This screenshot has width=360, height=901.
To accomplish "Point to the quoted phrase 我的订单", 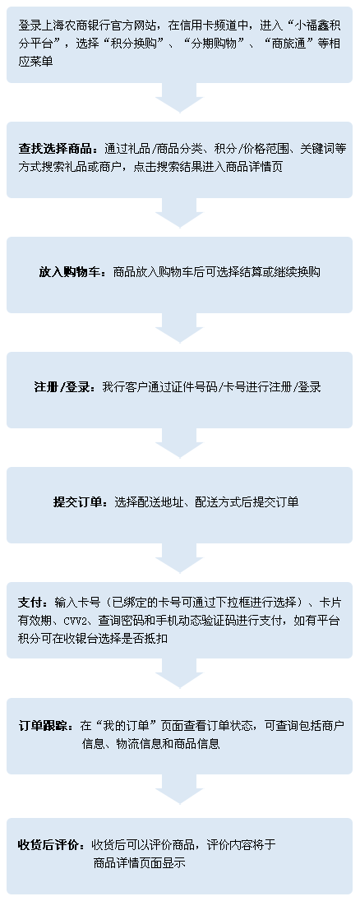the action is point(129,724).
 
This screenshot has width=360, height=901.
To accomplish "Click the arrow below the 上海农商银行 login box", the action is point(180,98).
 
